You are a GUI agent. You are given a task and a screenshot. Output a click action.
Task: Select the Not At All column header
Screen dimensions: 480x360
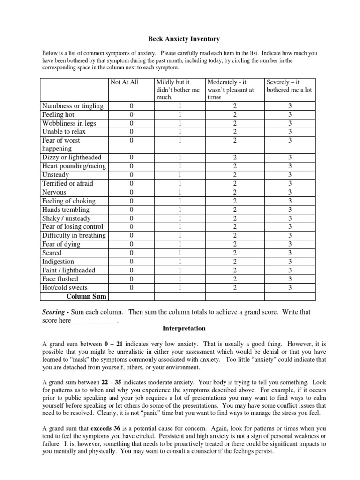pyautogui.click(x=124, y=82)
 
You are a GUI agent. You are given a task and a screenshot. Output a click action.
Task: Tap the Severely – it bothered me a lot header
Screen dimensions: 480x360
pyautogui.click(x=289, y=86)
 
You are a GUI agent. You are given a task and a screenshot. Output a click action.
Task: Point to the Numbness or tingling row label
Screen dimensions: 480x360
pyautogui.click(x=73, y=106)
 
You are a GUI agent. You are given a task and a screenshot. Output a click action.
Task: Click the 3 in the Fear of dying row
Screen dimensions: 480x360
pyautogui.click(x=290, y=244)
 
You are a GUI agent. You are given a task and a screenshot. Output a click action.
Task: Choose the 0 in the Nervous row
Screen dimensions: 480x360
pyautogui.click(x=131, y=192)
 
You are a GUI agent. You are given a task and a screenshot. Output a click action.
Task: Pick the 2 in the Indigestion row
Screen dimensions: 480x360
pyautogui.click(x=235, y=262)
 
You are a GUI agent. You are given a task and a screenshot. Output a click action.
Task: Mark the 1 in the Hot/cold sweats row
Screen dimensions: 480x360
pyautogui.click(x=180, y=287)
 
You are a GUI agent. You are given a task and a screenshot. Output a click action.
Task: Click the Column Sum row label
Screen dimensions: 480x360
pyautogui.click(x=86, y=296)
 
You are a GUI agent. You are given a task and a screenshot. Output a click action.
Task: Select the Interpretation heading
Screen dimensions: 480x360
pyautogui.click(x=180, y=329)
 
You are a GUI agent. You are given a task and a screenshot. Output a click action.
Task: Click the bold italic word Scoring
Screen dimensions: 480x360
pyautogui.click(x=54, y=312)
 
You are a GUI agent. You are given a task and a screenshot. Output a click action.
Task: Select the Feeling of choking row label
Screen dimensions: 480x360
pyautogui.click(x=68, y=201)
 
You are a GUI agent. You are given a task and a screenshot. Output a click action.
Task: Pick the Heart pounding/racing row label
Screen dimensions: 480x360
pyautogui.click(x=74, y=166)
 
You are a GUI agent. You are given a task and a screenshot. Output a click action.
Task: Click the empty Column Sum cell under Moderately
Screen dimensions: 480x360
pyautogui.click(x=235, y=296)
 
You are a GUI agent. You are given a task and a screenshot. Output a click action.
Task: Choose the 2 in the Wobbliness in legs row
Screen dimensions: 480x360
pyautogui.click(x=235, y=123)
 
